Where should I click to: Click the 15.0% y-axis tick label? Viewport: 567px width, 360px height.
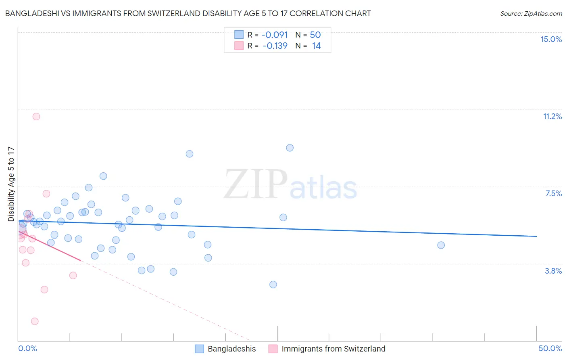[551, 39]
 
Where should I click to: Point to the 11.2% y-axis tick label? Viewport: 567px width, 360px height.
[552, 116]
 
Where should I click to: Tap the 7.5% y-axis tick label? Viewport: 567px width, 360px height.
[553, 193]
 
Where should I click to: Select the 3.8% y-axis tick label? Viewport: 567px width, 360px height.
[553, 271]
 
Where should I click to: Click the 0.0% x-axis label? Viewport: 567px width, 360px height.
[27, 348]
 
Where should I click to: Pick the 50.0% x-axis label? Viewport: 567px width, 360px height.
[550, 348]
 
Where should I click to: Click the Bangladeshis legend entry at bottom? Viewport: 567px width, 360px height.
[231, 349]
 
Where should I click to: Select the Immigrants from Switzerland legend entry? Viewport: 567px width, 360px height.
[333, 349]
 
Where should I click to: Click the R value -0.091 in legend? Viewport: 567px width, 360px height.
[274, 35]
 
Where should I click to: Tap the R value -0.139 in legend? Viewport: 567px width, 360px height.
[275, 46]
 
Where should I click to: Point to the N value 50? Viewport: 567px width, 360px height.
[315, 35]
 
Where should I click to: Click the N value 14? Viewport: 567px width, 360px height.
[316, 46]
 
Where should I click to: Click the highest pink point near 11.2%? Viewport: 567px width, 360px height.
[36, 117]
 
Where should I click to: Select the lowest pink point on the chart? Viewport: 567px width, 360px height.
[35, 321]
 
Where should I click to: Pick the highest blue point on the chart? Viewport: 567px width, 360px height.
[290, 148]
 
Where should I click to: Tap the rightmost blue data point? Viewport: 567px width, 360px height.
[441, 245]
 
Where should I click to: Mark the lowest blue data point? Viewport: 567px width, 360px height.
[273, 285]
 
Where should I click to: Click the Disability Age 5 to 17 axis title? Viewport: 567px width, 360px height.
[11, 184]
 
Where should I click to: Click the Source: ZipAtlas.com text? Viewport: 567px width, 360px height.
[531, 13]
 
